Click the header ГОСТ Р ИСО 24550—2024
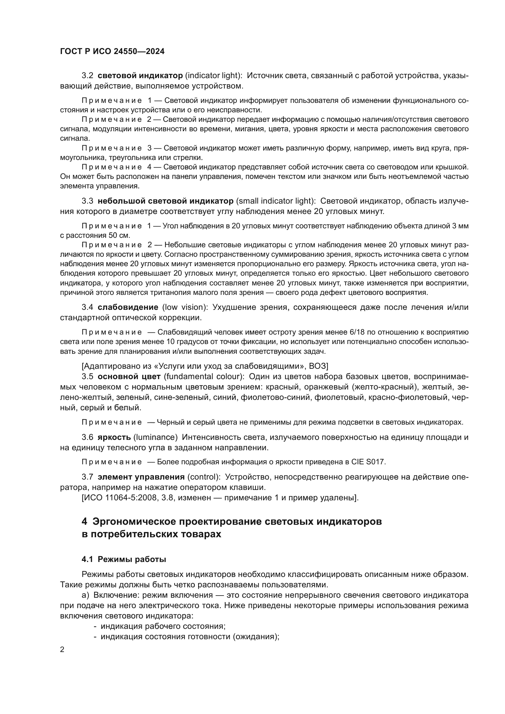[112, 52]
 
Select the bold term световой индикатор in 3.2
[140, 76]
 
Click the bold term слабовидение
[128, 307]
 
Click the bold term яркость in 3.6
[114, 437]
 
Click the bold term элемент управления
[141, 477]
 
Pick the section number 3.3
[87, 201]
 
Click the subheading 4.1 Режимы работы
[124, 559]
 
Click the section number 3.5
[87, 377]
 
